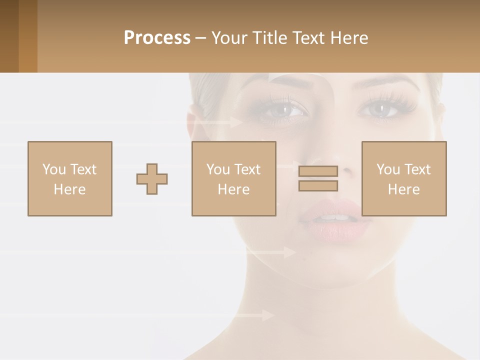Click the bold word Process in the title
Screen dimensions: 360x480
point(157,38)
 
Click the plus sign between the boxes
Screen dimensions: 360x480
point(152,178)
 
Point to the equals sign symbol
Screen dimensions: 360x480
point(318,178)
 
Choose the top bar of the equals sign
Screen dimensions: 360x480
point(318,171)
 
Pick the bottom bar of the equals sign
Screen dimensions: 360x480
point(318,185)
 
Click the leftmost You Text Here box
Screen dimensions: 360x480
point(69,178)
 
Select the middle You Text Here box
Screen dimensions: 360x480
point(233,178)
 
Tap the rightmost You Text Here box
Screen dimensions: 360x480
point(403,178)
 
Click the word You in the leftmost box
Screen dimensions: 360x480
point(54,169)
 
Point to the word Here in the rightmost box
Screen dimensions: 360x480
point(403,189)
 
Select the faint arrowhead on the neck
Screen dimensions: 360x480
point(268,315)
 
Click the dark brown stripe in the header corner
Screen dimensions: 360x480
point(9,36)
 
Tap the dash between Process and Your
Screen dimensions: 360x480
point(200,38)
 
